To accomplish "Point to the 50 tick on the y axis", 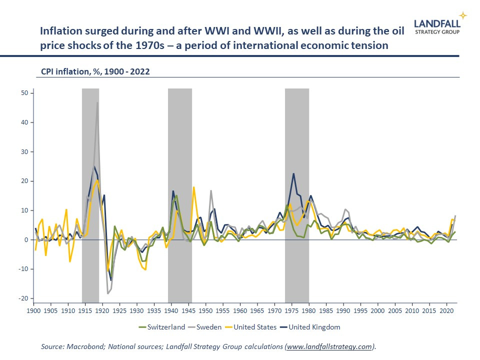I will pyautogui.click(x=24, y=93).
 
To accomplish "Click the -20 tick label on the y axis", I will pyautogui.click(x=23, y=298).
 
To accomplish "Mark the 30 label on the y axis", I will pyautogui.click(x=24, y=152).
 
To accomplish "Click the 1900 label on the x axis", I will pyautogui.click(x=33, y=310).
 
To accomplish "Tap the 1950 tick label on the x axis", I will pyautogui.click(x=205, y=310).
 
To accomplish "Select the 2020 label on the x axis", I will pyautogui.click(x=446, y=310).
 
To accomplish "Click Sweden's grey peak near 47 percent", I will pyautogui.click(x=97, y=102).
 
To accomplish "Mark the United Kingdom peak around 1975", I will pyautogui.click(x=293, y=173).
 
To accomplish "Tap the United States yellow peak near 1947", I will pyautogui.click(x=194, y=187).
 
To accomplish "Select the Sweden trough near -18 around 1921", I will pyautogui.click(x=107, y=293).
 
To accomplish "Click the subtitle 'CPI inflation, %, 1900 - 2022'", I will pyautogui.click(x=95, y=71).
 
